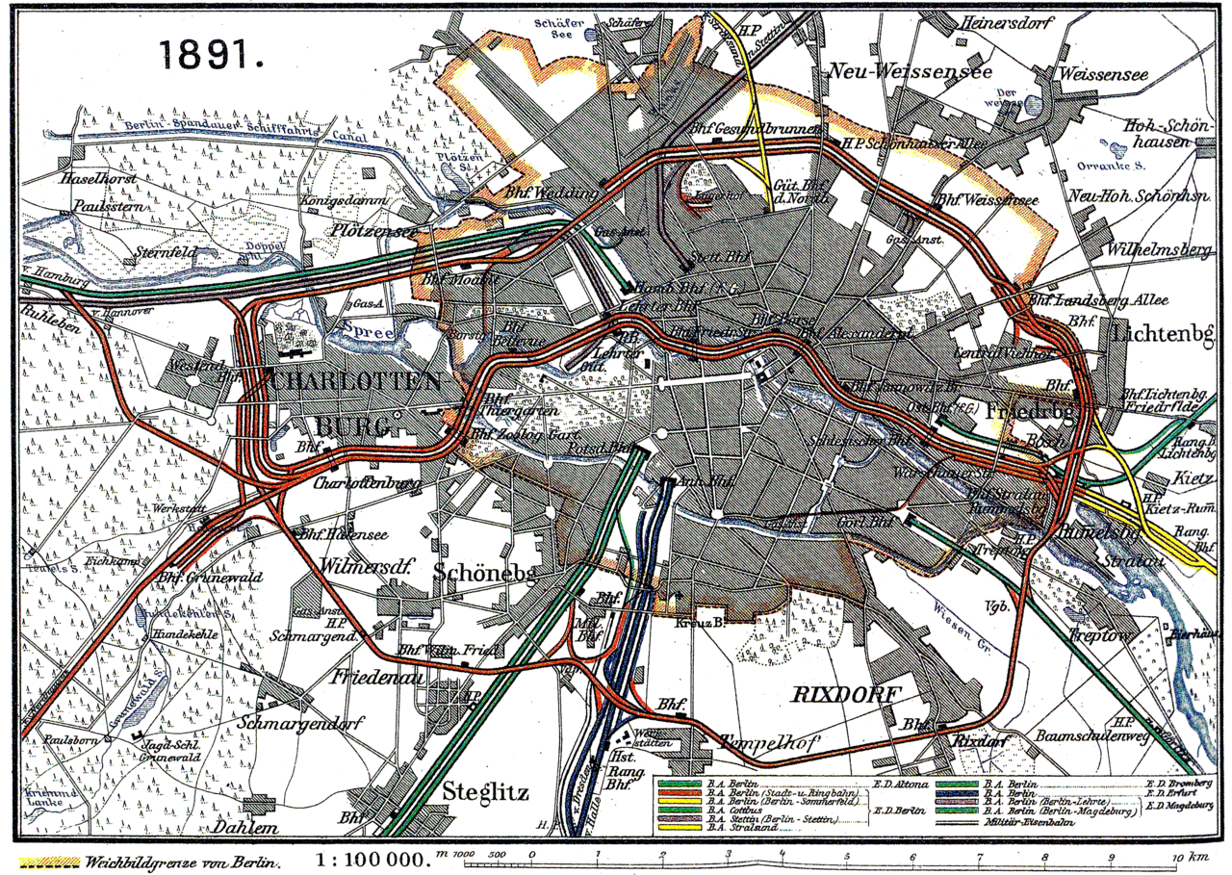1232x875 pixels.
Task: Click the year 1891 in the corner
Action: (x=212, y=55)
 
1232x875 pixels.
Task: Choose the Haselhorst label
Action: (x=96, y=178)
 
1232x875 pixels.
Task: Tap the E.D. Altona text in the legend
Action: (x=900, y=785)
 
